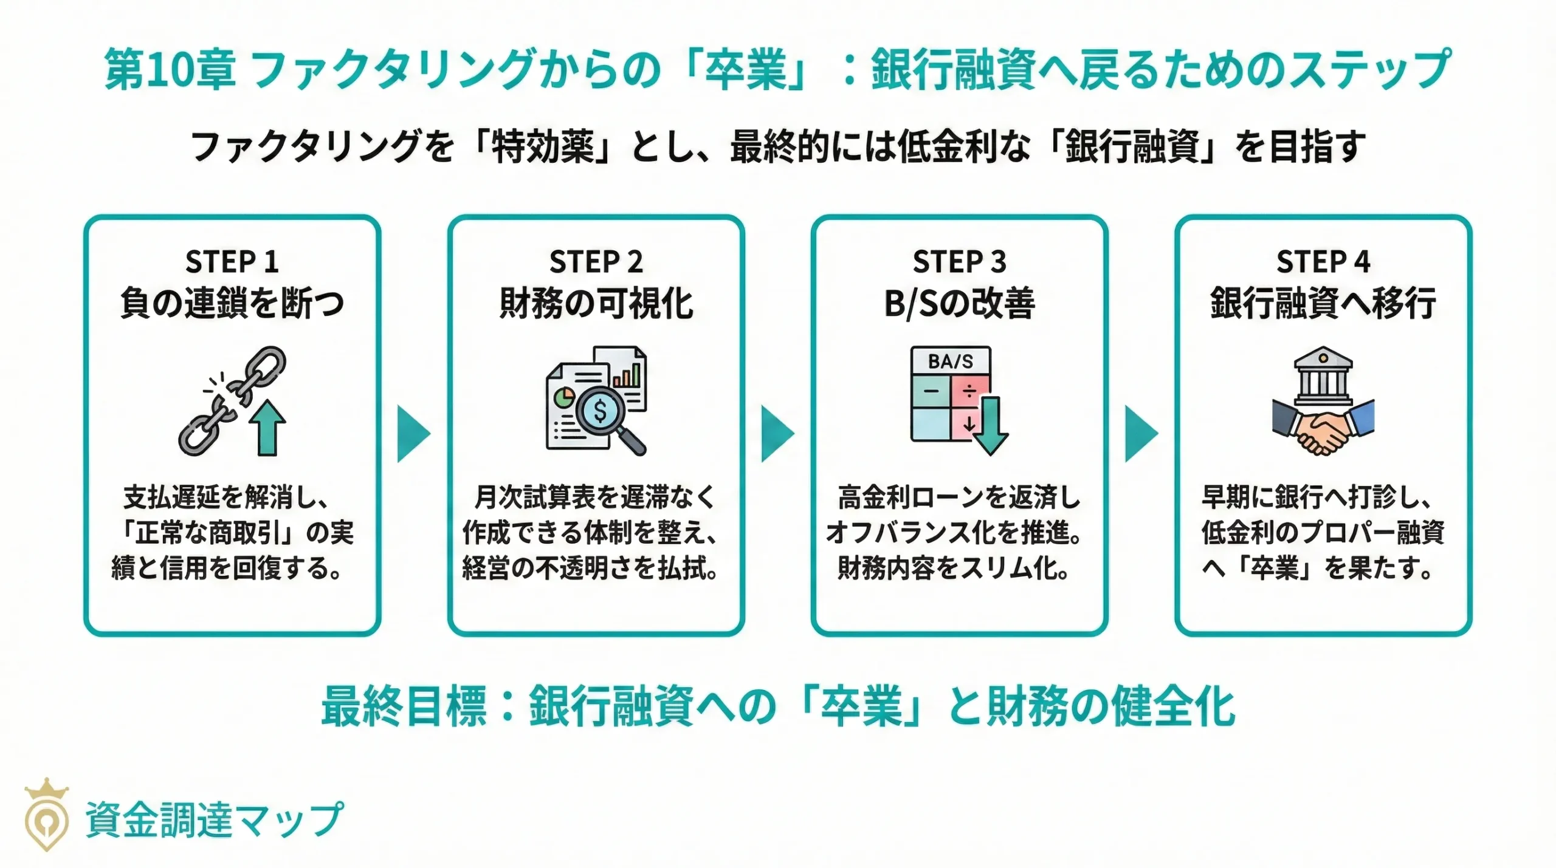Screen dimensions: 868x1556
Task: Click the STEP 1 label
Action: (232, 262)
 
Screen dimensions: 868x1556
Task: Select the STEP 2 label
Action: (596, 262)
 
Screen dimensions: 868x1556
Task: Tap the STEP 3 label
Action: (959, 262)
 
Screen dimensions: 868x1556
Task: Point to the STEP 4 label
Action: (1323, 262)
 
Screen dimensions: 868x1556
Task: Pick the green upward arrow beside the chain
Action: (268, 428)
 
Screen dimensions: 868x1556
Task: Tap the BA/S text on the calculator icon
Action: (950, 361)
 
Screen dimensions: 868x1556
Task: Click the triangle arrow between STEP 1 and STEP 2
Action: (413, 434)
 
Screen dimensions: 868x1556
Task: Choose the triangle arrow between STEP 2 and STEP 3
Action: (777, 434)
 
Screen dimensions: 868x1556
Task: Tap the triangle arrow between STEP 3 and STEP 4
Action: (1141, 434)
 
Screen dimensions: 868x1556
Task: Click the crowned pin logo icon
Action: (46, 814)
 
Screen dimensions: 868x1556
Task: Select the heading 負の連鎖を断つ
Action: (232, 304)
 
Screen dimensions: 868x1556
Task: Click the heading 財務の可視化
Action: (596, 304)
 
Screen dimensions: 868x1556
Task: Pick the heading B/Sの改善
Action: (959, 304)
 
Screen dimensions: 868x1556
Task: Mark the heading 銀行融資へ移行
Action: (1323, 304)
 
